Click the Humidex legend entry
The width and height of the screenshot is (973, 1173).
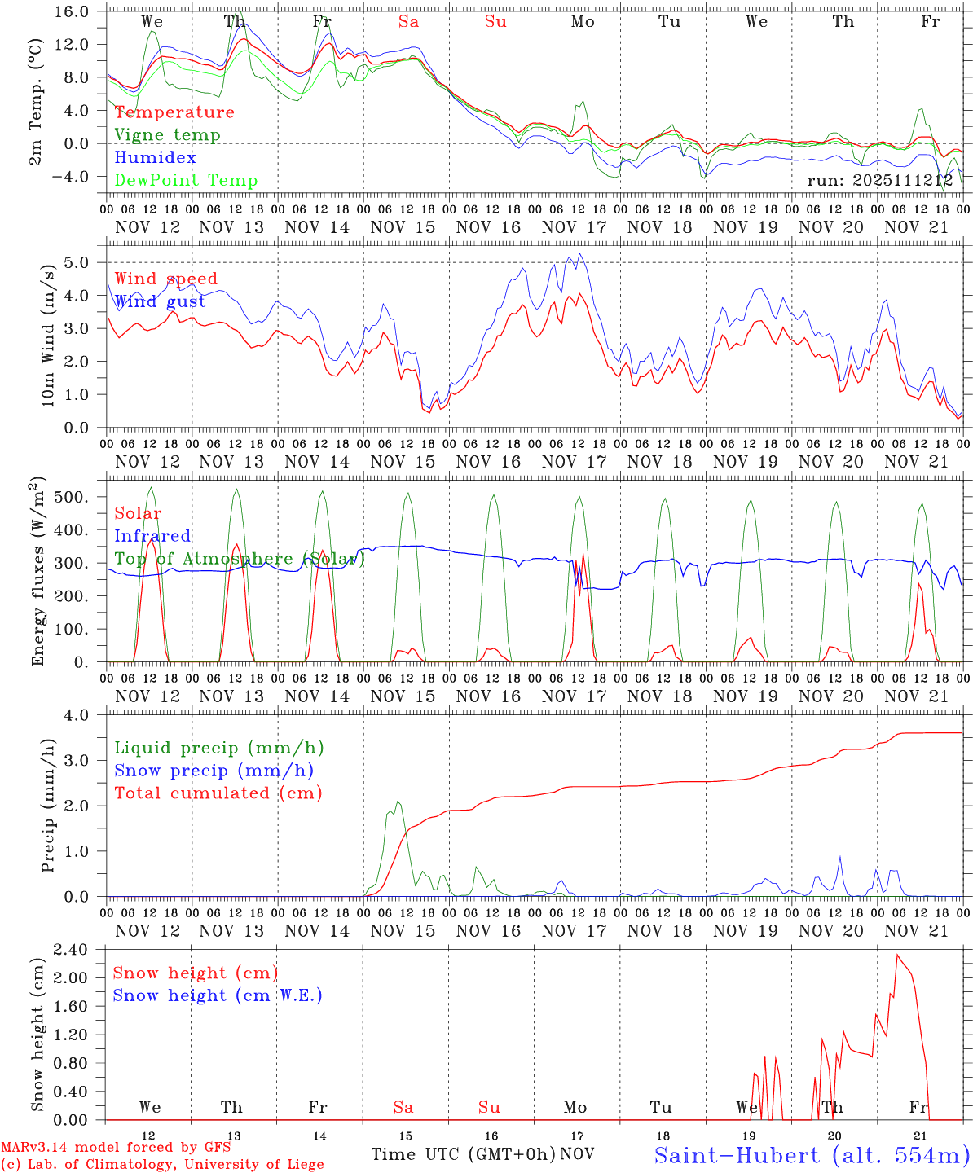(155, 158)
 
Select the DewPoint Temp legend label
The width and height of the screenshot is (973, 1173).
(186, 181)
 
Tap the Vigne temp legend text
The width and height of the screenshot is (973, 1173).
(167, 135)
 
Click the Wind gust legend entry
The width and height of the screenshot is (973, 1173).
(160, 301)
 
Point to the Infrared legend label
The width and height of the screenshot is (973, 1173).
(152, 536)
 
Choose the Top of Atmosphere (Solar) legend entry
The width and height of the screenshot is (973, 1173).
(240, 559)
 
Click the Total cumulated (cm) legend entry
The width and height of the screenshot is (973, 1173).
(218, 793)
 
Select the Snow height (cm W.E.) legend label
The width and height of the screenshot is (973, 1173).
(218, 995)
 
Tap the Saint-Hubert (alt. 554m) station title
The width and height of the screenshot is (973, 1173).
(811, 1155)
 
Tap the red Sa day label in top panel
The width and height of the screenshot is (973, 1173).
(408, 22)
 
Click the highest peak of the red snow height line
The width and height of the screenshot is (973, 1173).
(897, 955)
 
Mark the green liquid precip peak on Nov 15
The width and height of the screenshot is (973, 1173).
(398, 802)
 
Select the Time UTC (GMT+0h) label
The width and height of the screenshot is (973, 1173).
(463, 1154)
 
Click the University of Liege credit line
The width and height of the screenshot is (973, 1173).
(162, 1164)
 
